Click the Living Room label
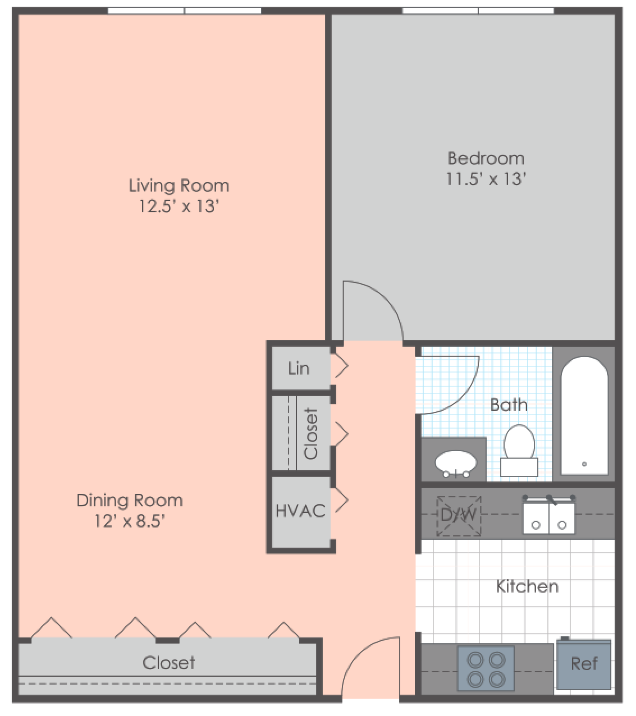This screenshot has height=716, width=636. click(179, 186)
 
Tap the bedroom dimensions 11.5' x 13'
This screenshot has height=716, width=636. click(486, 179)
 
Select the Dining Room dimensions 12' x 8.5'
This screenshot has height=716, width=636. click(129, 521)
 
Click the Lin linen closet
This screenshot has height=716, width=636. click(299, 368)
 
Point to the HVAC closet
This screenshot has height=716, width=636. click(300, 511)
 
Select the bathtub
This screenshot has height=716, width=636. click(584, 415)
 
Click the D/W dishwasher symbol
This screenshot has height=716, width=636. click(459, 515)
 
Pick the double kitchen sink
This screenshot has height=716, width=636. click(548, 517)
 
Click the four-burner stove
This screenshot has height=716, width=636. click(486, 669)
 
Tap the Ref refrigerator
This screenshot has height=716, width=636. click(584, 664)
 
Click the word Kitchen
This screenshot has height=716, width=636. click(527, 586)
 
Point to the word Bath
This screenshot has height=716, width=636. click(509, 405)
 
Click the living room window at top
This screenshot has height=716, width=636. click(184, 10)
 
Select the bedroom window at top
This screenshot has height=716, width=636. click(478, 10)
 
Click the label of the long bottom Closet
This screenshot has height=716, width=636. click(168, 663)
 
